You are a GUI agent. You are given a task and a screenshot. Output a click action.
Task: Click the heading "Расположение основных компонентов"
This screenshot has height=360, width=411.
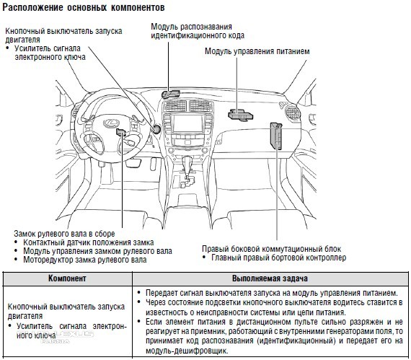pos(84,7)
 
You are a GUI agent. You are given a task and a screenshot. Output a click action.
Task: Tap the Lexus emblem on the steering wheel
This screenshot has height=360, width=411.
pos(110,123)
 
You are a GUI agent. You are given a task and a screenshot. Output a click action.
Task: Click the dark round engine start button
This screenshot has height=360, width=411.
pos(156,129)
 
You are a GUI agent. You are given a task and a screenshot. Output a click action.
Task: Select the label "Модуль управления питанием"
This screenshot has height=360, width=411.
pos(257,51)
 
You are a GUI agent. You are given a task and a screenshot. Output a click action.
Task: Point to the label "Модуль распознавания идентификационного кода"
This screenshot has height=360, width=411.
pos(198,31)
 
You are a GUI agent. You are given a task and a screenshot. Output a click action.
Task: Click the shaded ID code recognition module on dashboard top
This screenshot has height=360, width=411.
pos(170,94)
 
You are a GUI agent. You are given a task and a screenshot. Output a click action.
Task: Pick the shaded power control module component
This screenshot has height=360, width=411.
pos(240,115)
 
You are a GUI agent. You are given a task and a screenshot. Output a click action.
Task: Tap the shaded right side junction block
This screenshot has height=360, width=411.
pos(276,136)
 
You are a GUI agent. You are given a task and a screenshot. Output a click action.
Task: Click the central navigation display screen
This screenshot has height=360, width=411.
pos(188,123)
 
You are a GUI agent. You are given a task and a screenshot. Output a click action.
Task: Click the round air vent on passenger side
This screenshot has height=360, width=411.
pos(292,113)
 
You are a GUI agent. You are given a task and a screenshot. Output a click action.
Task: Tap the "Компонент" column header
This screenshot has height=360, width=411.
pos(67,278)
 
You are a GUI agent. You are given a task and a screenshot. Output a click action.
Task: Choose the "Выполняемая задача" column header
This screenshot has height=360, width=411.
pos(270,278)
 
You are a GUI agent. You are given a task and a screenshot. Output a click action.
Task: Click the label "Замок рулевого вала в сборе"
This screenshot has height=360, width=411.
pos(64,233)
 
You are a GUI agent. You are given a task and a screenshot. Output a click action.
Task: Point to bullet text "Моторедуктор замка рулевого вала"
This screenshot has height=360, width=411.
pos(85,260)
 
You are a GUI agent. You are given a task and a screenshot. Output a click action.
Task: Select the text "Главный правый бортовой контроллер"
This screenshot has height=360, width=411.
pos(278,258)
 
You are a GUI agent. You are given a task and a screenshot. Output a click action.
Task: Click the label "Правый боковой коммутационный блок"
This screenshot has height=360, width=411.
pos(272,249)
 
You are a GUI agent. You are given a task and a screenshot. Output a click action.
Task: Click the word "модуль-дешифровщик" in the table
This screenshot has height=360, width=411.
pos(187,351)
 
